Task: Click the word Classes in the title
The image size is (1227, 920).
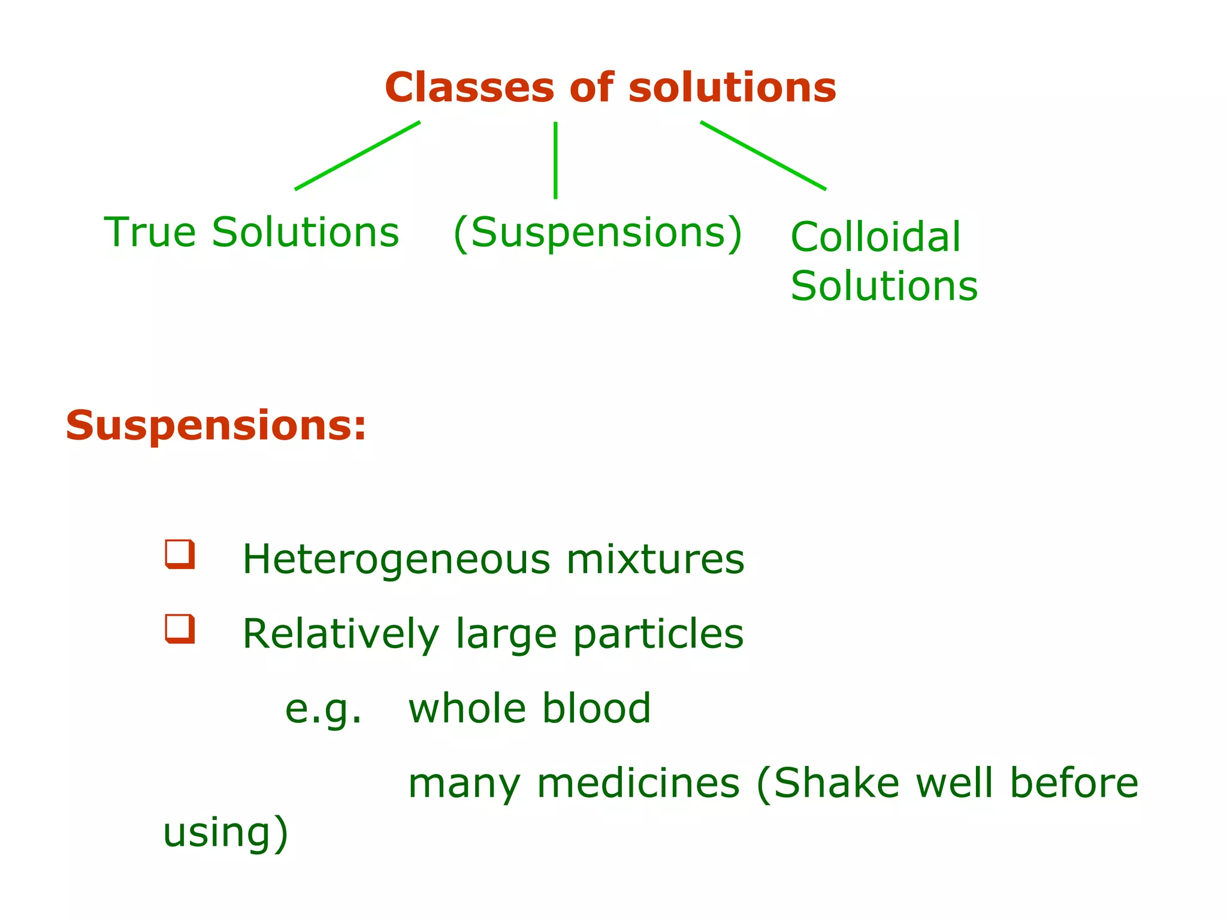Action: pos(469,88)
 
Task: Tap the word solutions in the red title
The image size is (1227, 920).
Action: pos(732,88)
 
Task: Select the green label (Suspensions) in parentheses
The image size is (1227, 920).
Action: pos(597,233)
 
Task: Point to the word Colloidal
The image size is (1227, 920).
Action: pos(875,237)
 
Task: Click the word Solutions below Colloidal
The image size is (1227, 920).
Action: pos(884,286)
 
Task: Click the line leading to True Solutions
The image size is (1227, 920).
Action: pos(358,156)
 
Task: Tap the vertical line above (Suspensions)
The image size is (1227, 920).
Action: pos(555,160)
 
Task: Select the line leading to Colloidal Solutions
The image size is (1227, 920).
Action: pos(763,156)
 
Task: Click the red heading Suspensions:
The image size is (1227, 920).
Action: pos(216,426)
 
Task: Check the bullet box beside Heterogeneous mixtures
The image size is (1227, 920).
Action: pos(180,554)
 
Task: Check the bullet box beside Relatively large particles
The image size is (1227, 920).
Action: pos(180,629)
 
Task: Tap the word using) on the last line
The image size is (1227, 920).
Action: pos(226,833)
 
